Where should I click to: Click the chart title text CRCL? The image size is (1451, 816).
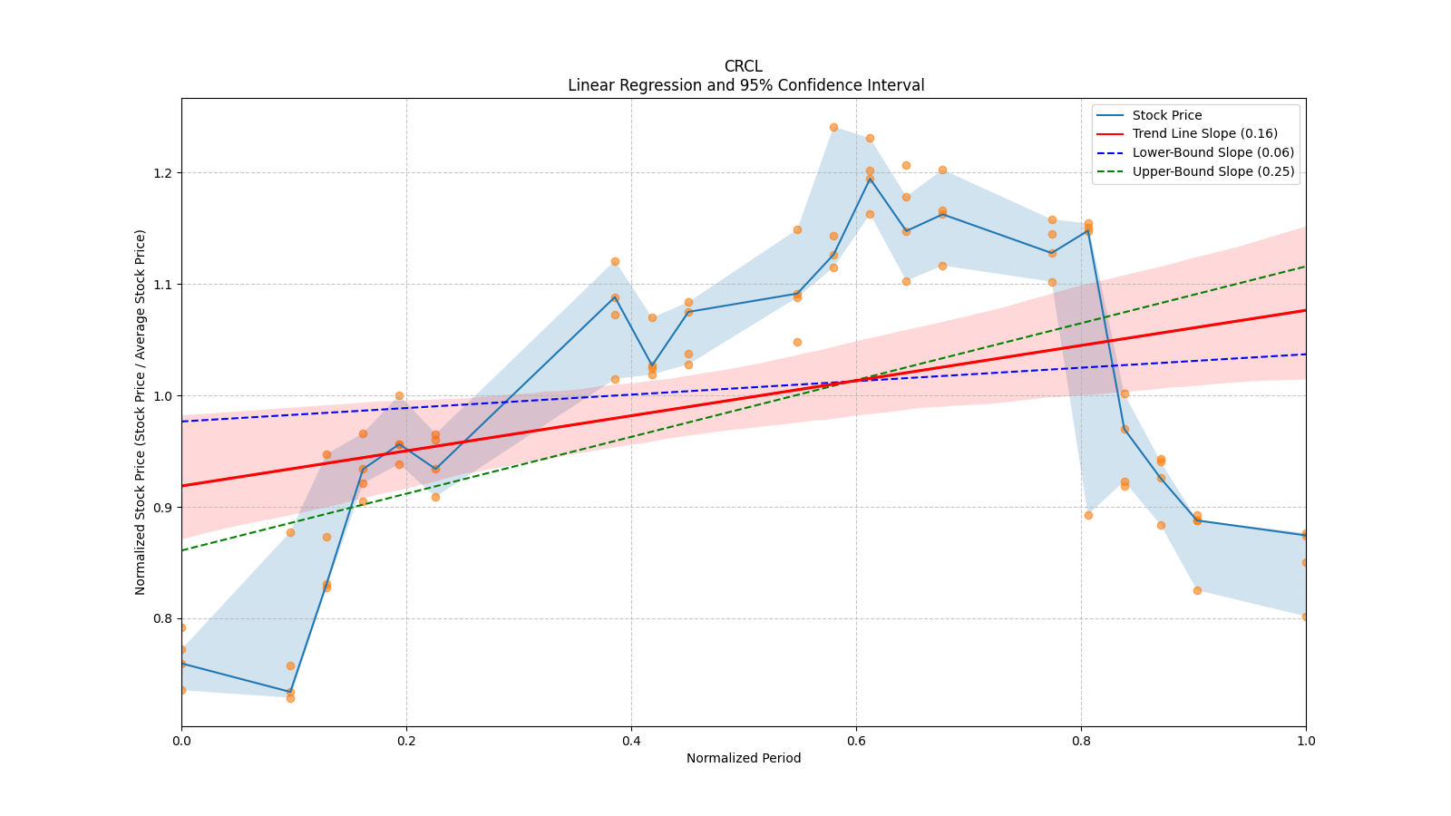[x=743, y=66]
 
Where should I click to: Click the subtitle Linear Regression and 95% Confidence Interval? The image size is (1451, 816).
[x=745, y=85]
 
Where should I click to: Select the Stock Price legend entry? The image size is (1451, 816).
[x=1166, y=115]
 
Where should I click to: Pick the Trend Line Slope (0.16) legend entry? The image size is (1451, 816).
[x=1204, y=134]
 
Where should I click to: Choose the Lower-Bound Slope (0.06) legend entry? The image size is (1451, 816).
[x=1212, y=153]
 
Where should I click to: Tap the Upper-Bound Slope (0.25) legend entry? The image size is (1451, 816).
[x=1212, y=172]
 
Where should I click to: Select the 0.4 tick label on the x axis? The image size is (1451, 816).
[x=631, y=741]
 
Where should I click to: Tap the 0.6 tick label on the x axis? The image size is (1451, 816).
[x=856, y=741]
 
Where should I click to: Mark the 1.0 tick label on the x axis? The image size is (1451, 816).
[x=1305, y=741]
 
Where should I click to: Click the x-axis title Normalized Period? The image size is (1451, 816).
[x=744, y=759]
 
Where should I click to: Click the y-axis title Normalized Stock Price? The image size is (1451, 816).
[x=141, y=412]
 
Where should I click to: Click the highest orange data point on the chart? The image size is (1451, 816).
[x=833, y=127]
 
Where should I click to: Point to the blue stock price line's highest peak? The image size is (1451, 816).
[x=870, y=178]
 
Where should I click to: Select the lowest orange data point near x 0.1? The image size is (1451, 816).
[x=290, y=698]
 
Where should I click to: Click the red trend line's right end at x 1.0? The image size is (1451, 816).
[x=1305, y=310]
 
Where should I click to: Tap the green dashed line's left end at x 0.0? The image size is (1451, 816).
[x=182, y=550]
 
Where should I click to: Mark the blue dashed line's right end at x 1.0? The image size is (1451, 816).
[x=1305, y=354]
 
